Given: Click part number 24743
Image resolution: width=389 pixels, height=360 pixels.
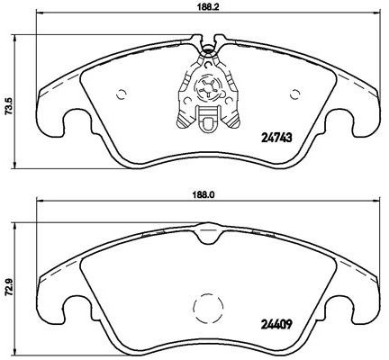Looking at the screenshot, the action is coord(276,138).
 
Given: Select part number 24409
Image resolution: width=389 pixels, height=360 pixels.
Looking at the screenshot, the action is coord(276,324).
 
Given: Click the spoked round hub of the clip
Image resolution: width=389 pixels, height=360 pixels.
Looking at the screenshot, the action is coord(208,87).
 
